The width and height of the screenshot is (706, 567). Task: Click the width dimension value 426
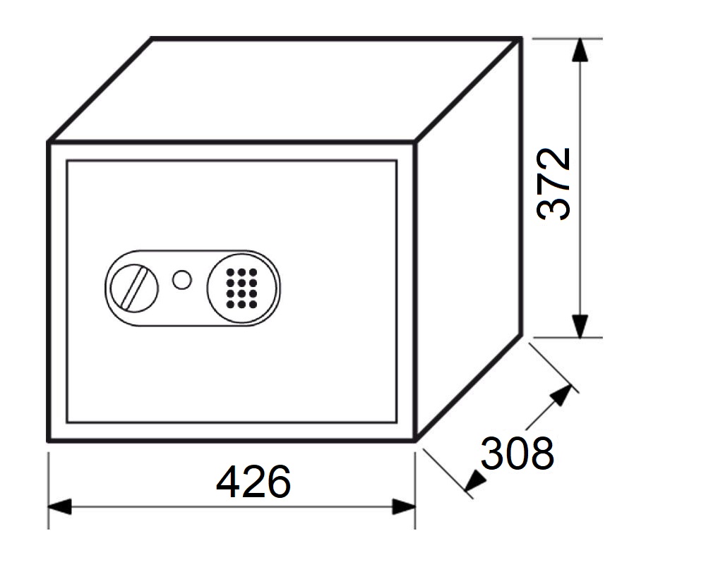253,482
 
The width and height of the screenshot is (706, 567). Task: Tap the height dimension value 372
554,183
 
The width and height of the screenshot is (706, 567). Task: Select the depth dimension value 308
517,453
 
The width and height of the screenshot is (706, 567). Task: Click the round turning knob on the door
134,288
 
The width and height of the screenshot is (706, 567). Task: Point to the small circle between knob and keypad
182,280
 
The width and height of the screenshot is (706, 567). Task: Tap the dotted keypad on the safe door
241,288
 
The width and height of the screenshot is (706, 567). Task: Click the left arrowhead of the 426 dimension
59,507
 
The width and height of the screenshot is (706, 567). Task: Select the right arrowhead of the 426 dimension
403,507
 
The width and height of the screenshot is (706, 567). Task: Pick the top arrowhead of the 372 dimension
580,50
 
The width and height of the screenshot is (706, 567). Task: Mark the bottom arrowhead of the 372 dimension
580,326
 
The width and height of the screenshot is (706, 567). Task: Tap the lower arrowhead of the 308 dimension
475,481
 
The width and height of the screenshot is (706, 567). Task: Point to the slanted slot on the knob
135,288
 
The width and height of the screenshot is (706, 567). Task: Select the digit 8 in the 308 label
542,453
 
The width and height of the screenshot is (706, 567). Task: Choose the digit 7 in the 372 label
554,183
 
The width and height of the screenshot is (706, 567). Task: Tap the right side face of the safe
468,238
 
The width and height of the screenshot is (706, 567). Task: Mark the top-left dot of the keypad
231,272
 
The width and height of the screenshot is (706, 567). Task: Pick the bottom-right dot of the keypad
253,305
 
